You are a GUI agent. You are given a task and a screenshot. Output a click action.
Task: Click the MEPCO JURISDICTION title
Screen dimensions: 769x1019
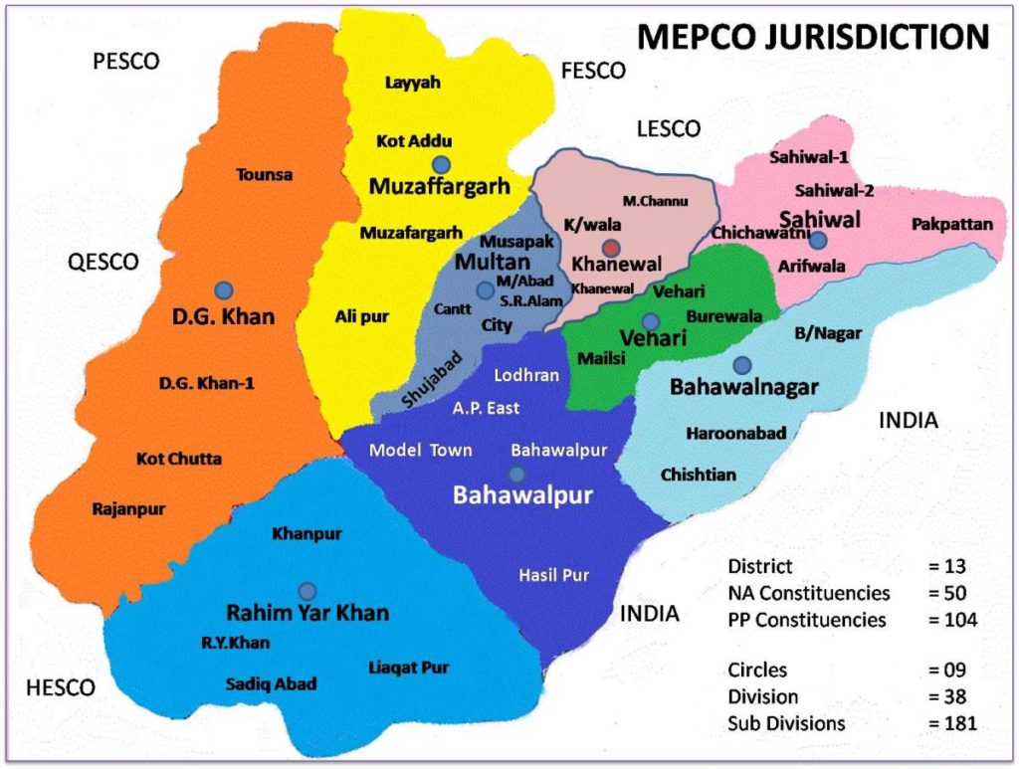812,37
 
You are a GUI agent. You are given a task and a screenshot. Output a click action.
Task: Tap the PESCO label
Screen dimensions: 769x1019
125,62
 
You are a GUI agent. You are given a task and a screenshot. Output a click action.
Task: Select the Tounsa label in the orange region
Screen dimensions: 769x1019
265,175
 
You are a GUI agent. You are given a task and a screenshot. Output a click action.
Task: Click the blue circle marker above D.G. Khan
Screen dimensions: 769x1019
224,289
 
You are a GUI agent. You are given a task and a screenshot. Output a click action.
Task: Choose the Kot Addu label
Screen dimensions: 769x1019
414,141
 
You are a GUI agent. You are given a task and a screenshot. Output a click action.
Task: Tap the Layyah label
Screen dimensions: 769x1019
412,83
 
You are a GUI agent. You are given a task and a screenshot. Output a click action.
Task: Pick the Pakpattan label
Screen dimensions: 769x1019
952,225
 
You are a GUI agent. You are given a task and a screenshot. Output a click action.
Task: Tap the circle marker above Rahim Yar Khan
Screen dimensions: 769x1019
306,590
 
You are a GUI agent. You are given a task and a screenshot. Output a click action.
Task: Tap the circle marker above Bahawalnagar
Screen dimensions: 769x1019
741,365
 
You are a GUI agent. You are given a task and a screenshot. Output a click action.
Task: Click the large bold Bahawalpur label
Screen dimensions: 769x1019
522,495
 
